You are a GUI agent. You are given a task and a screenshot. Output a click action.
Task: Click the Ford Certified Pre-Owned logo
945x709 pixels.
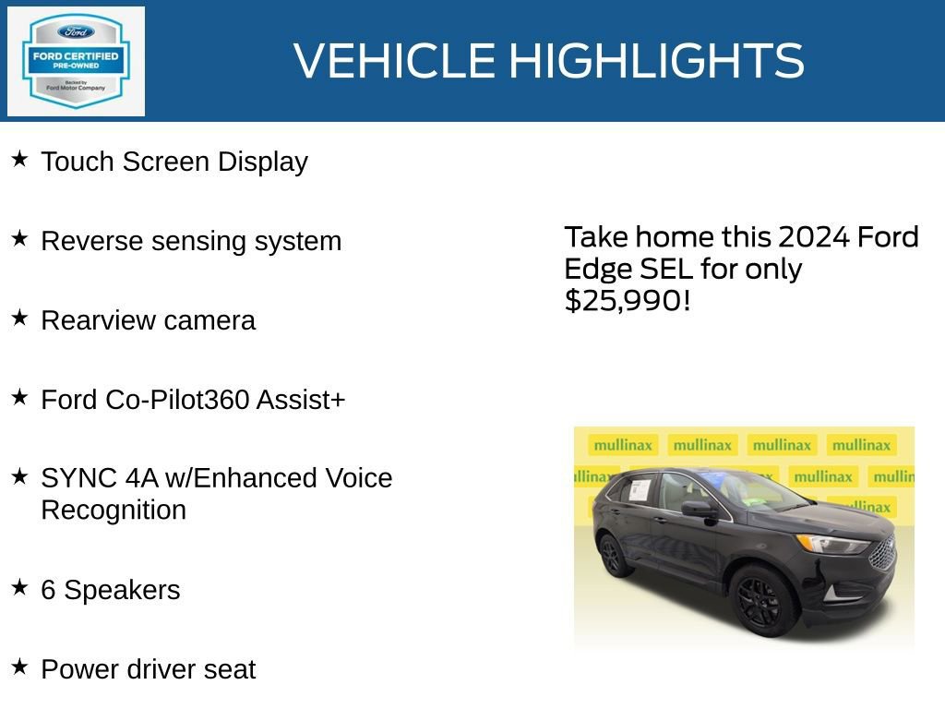point(76,61)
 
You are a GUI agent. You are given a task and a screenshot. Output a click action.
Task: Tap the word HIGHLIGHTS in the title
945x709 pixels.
point(656,61)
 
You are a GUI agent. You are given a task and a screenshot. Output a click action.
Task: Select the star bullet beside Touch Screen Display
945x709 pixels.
point(19,160)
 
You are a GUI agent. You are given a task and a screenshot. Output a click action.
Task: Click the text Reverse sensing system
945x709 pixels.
point(191,241)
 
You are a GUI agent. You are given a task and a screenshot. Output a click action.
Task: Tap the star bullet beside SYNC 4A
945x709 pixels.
point(19,476)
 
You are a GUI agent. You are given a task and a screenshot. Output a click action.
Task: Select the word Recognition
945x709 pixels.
point(114,510)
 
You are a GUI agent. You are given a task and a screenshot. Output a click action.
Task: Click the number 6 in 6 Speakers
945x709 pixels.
point(48,590)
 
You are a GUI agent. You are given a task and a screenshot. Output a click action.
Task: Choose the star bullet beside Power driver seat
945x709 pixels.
point(19,667)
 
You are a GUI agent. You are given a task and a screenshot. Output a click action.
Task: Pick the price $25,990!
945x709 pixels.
point(628,300)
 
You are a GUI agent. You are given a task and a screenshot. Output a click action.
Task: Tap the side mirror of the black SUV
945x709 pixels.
point(698,509)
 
